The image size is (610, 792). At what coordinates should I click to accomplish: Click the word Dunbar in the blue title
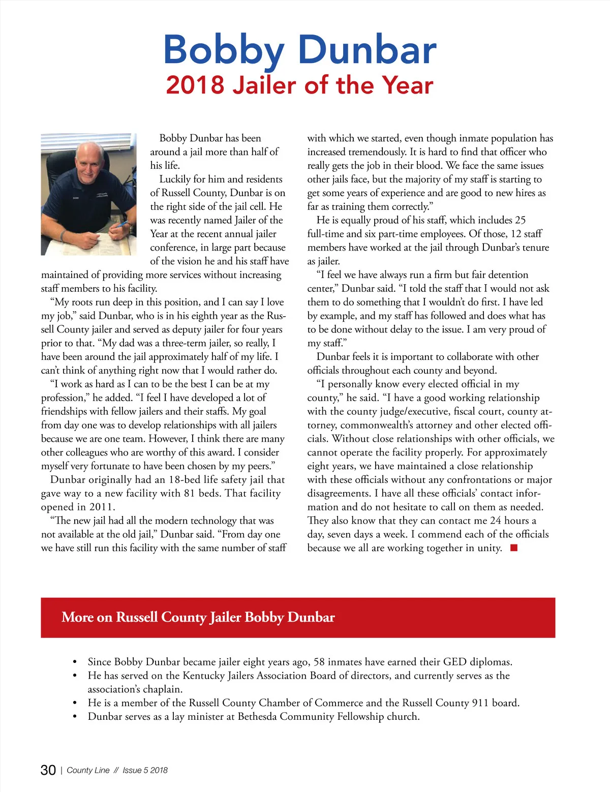[x=367, y=50]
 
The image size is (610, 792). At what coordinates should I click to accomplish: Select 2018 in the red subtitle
[x=195, y=85]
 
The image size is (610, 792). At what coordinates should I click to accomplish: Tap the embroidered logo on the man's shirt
[x=102, y=196]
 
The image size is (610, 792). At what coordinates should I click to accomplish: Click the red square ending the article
[x=514, y=547]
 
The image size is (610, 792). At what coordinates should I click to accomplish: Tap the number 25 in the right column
[x=520, y=220]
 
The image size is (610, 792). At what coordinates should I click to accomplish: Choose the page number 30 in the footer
[x=48, y=770]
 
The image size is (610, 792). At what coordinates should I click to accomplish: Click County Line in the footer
[x=88, y=770]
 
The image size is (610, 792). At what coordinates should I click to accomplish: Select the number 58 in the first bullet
[x=319, y=662]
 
